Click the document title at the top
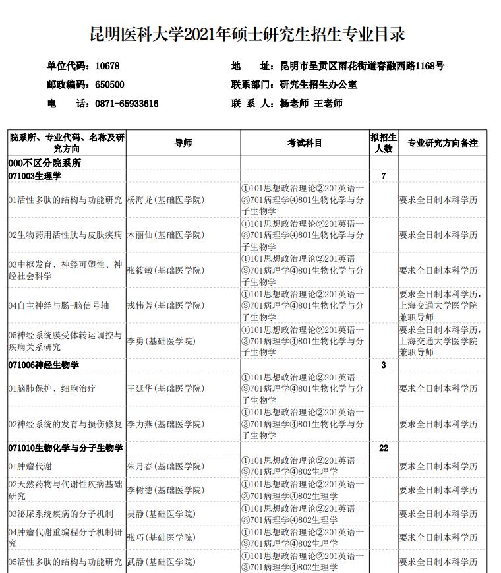(247, 34)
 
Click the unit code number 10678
(107, 66)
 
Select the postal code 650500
(109, 84)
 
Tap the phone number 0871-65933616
(127, 104)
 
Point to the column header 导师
(183, 143)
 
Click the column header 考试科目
(305, 143)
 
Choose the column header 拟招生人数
(384, 143)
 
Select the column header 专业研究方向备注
(442, 143)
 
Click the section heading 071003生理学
(44, 176)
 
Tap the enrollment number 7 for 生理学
(384, 176)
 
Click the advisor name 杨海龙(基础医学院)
(165, 200)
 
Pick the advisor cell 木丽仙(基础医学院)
(165, 235)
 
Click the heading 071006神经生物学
(44, 365)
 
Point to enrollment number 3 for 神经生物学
(384, 365)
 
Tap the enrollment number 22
(384, 448)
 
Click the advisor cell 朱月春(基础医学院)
(165, 466)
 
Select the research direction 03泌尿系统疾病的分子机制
(61, 514)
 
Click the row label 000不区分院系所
(45, 163)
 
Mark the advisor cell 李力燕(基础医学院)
(165, 424)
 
